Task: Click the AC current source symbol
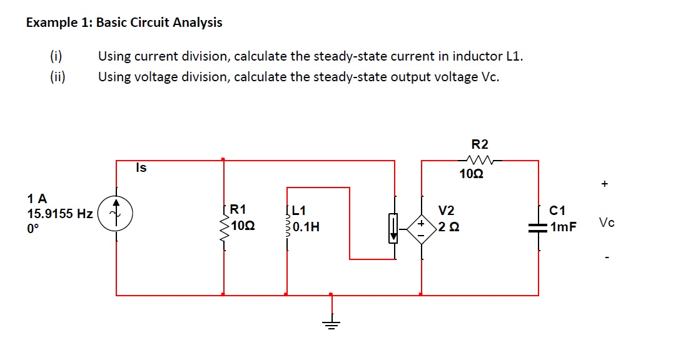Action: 115,213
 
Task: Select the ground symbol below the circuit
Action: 331,322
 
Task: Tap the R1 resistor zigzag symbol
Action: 224,226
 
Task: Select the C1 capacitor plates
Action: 538,229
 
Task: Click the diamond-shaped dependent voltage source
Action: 421,227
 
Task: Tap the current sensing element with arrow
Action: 394,227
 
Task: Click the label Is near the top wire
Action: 141,167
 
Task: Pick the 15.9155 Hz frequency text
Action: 60,214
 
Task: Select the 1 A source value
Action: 37,199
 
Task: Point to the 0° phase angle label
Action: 33,229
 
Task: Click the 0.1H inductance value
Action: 306,227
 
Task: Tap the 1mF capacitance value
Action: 564,227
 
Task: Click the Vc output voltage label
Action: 606,223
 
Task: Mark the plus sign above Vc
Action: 604,184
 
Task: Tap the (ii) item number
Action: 60,77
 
